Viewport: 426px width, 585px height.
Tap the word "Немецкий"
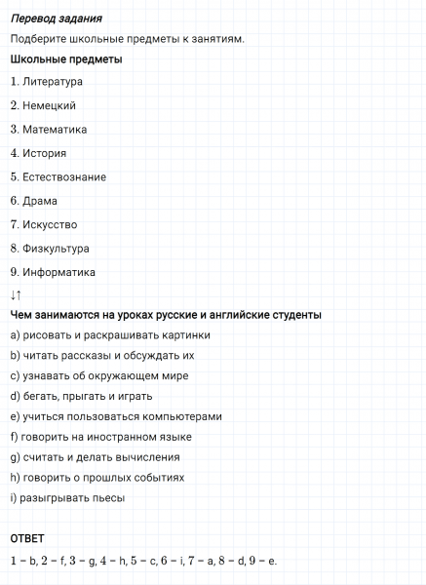tap(50, 105)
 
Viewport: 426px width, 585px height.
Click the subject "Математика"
tap(55, 129)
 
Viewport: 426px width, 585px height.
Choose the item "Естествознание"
tap(64, 176)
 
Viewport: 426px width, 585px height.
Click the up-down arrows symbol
tap(16, 294)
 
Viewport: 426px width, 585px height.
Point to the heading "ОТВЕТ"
tap(27, 538)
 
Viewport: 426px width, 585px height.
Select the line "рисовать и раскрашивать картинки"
tap(116, 335)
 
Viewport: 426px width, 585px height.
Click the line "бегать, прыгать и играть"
tap(88, 396)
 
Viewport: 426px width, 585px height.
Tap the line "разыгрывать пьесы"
tap(71, 498)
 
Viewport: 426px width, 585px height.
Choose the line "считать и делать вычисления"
tap(101, 457)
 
